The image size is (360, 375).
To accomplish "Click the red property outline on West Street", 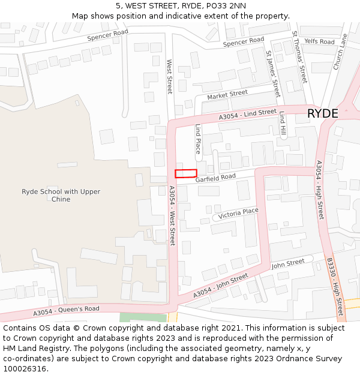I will [x=186, y=173].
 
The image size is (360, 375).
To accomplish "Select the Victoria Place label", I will [x=238, y=213].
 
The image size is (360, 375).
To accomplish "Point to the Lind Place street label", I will [x=198, y=139].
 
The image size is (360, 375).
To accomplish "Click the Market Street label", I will [x=227, y=95].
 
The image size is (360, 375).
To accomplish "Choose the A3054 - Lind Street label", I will [x=248, y=114].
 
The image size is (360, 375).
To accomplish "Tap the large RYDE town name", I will [x=322, y=113].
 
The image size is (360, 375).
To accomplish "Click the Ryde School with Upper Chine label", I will [x=61, y=196].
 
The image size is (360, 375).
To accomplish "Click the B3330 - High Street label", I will [x=335, y=287].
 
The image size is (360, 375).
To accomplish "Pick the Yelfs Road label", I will [x=319, y=41].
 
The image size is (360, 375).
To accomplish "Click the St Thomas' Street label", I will [x=299, y=57].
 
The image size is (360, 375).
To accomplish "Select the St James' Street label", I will [x=273, y=73].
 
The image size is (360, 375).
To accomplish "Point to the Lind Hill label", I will [x=282, y=125].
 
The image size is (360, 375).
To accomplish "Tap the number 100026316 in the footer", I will [x=24, y=368].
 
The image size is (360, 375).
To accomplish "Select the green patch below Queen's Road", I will [x=143, y=317].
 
